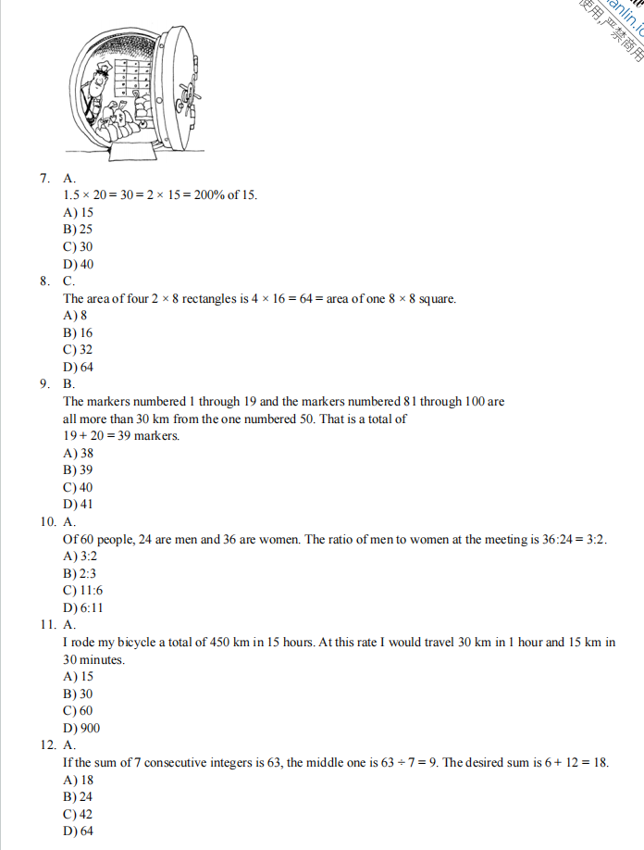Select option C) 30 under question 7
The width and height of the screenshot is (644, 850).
pyautogui.click(x=78, y=247)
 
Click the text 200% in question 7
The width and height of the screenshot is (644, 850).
pyautogui.click(x=209, y=195)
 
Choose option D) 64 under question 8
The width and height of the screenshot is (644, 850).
pyautogui.click(x=78, y=368)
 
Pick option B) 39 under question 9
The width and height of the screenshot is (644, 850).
pyautogui.click(x=78, y=470)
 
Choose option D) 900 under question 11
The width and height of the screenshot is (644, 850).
pyautogui.click(x=81, y=728)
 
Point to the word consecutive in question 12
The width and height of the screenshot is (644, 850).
pyautogui.click(x=207, y=762)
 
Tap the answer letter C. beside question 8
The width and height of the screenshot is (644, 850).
pyautogui.click(x=69, y=281)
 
